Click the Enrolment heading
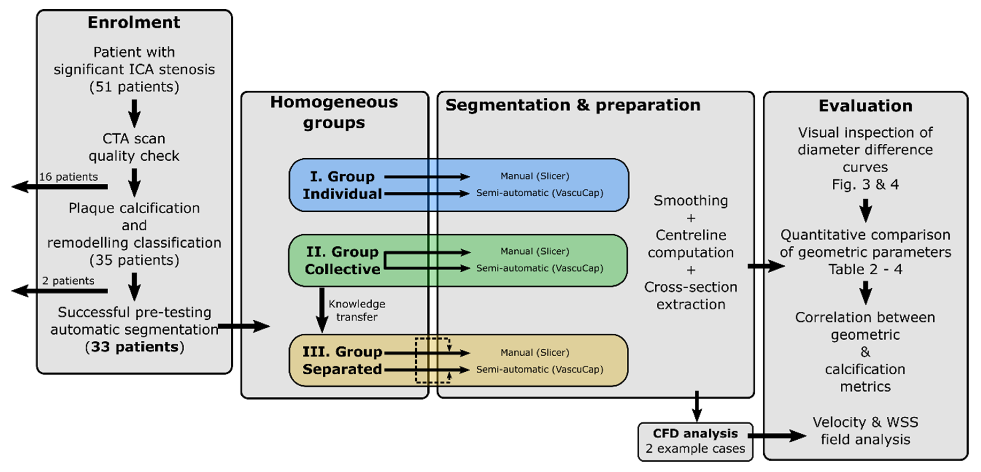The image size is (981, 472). tap(134, 22)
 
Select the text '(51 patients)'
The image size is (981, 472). tap(134, 87)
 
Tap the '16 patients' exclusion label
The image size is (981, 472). tap(68, 177)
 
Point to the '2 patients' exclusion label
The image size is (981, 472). tap(68, 281)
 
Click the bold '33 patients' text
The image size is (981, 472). tap(134, 347)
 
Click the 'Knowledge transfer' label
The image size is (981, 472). tap(357, 310)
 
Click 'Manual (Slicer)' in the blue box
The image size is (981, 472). tap(535, 176)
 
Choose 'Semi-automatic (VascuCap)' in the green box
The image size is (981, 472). tap(539, 268)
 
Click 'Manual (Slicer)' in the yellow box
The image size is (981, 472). tap(535, 353)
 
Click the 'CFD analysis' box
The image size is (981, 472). tap(695, 441)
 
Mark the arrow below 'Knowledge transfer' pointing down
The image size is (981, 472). tap(322, 310)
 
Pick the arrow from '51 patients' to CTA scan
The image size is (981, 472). tap(134, 113)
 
